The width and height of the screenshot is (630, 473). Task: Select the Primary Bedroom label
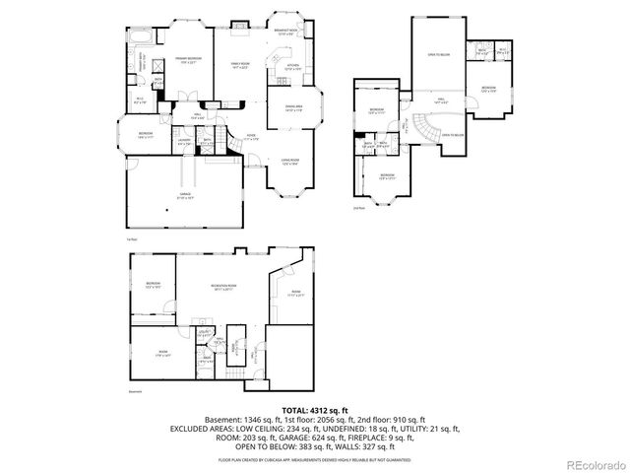pyautogui.click(x=189, y=60)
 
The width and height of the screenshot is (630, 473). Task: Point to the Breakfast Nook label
pyautogui.click(x=286, y=34)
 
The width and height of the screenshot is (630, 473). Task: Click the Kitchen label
pyautogui.click(x=292, y=68)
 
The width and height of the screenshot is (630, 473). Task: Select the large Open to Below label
pyautogui.click(x=438, y=55)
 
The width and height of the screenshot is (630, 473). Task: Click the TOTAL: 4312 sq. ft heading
pyautogui.click(x=314, y=409)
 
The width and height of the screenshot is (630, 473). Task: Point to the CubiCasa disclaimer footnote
pyautogui.click(x=314, y=458)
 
